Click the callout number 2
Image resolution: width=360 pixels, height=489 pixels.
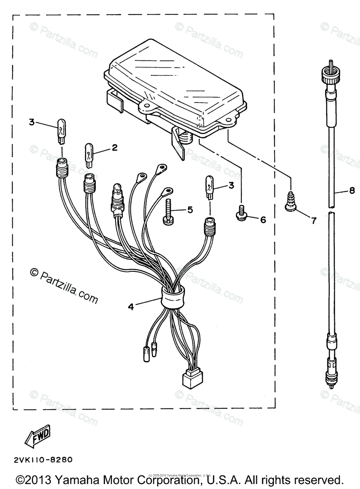coord(114,148)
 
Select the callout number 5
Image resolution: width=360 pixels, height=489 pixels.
coord(190,210)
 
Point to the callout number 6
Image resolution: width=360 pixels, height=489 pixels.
coord(263,220)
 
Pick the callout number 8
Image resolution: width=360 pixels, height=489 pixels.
coord(352,191)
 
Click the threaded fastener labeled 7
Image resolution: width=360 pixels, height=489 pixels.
coord(291,202)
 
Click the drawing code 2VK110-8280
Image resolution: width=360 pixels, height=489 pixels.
coord(43,460)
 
